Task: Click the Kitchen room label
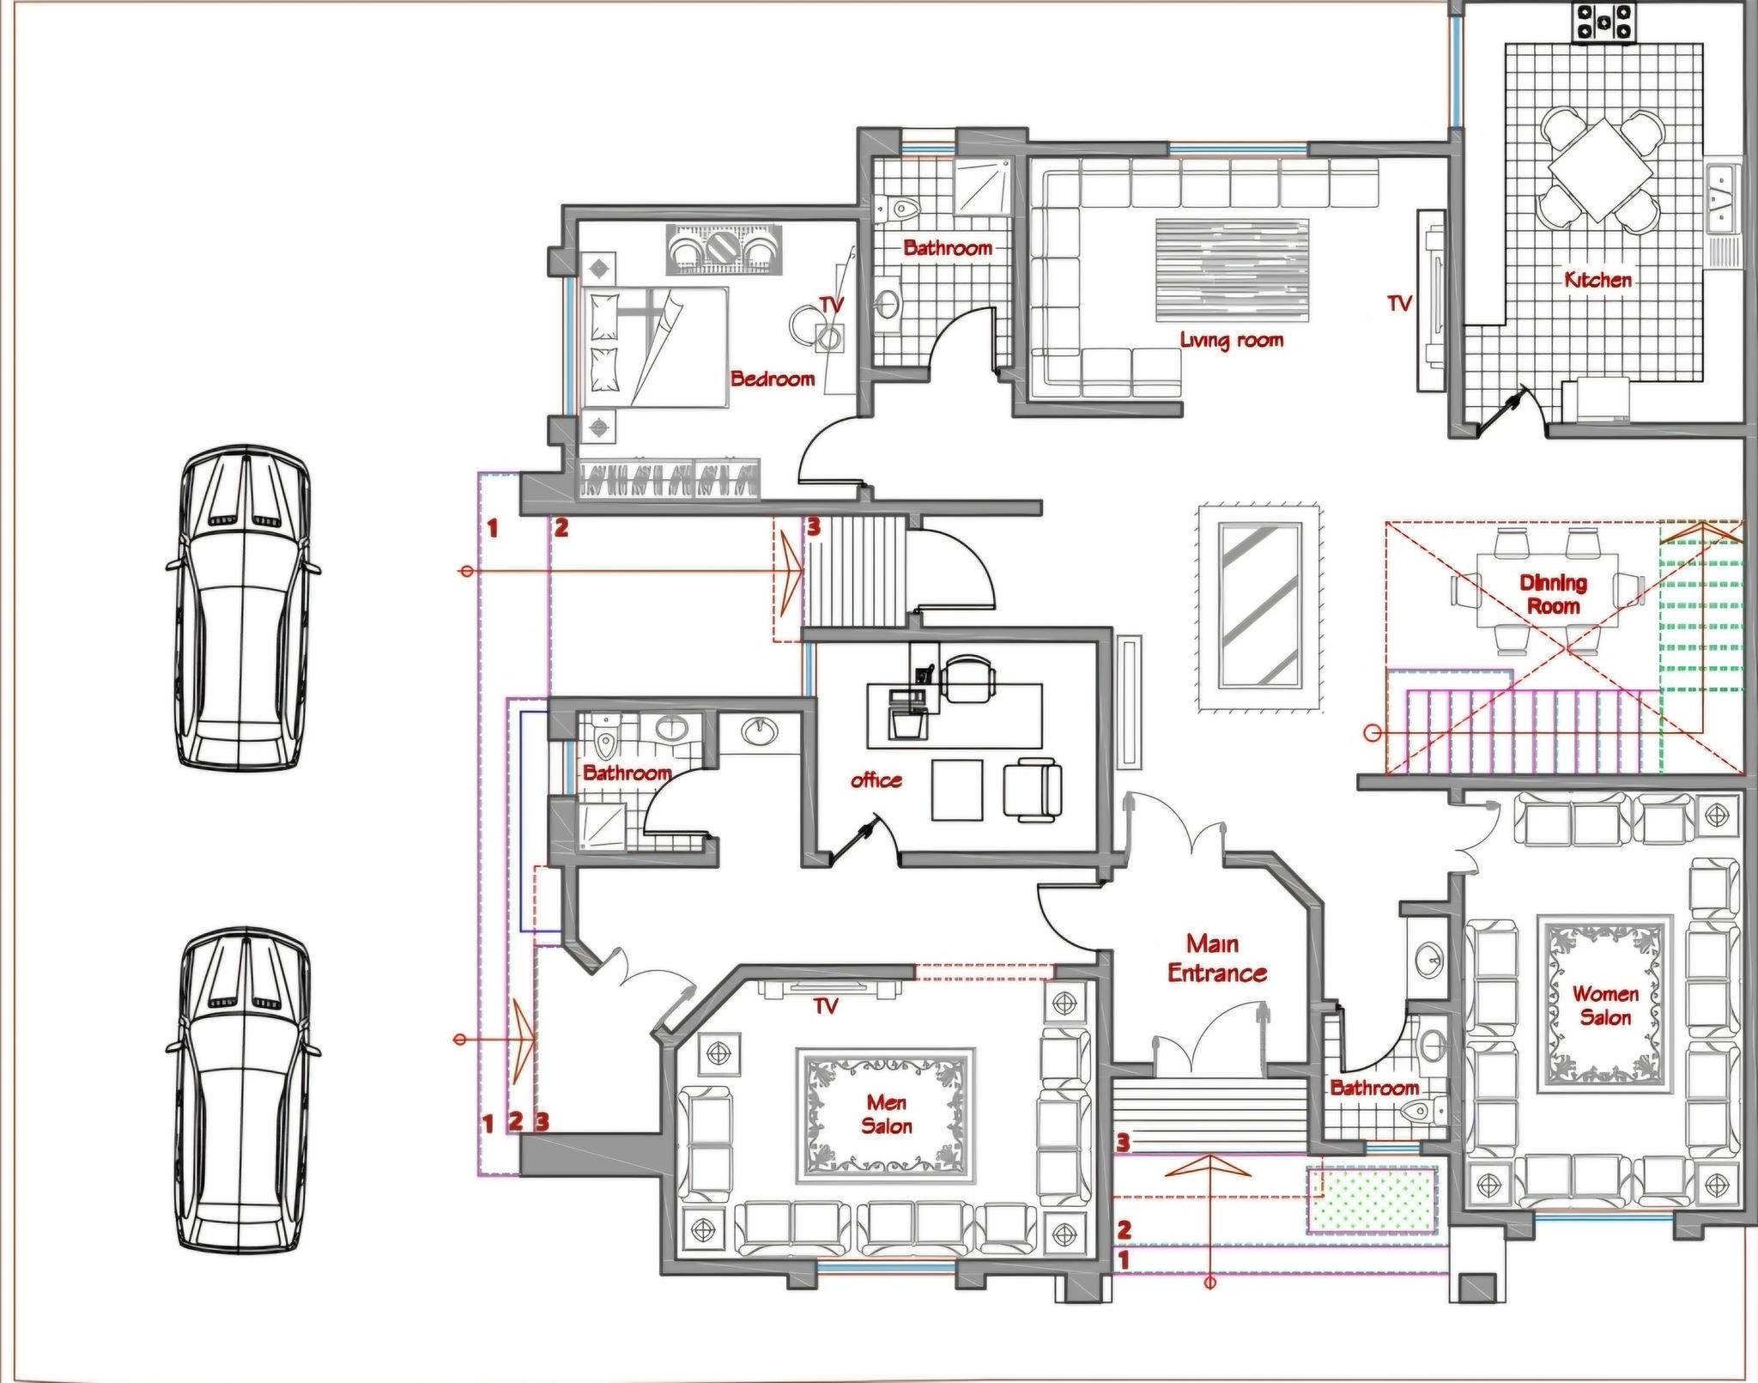1597,279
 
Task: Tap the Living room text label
1232,340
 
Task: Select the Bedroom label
773,378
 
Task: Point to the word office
876,779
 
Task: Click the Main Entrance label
1216,958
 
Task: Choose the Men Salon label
887,1113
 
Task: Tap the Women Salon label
1605,1005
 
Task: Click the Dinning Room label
1554,594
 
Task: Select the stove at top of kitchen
1602,22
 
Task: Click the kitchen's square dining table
1602,170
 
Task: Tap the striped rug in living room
1232,270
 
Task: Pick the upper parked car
243,606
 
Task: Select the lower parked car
243,1090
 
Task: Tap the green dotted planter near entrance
1373,1200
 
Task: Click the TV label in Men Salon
825,1005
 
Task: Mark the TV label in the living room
1400,303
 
